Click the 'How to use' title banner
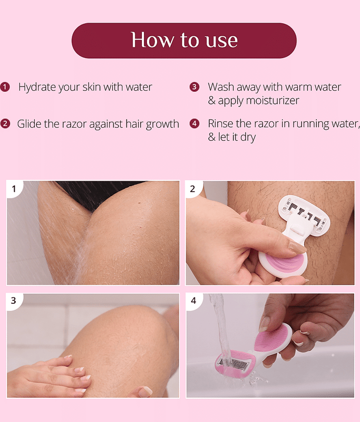(184, 41)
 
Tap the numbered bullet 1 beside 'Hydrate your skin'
(5, 87)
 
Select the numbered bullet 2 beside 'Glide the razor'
(5, 124)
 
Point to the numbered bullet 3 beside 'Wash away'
(194, 87)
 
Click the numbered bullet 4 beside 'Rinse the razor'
(194, 123)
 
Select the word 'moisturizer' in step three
(273, 101)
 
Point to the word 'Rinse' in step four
(220, 123)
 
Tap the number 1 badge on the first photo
(14, 189)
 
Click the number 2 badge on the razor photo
(193, 189)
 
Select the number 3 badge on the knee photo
(14, 300)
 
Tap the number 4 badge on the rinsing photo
(193, 300)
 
